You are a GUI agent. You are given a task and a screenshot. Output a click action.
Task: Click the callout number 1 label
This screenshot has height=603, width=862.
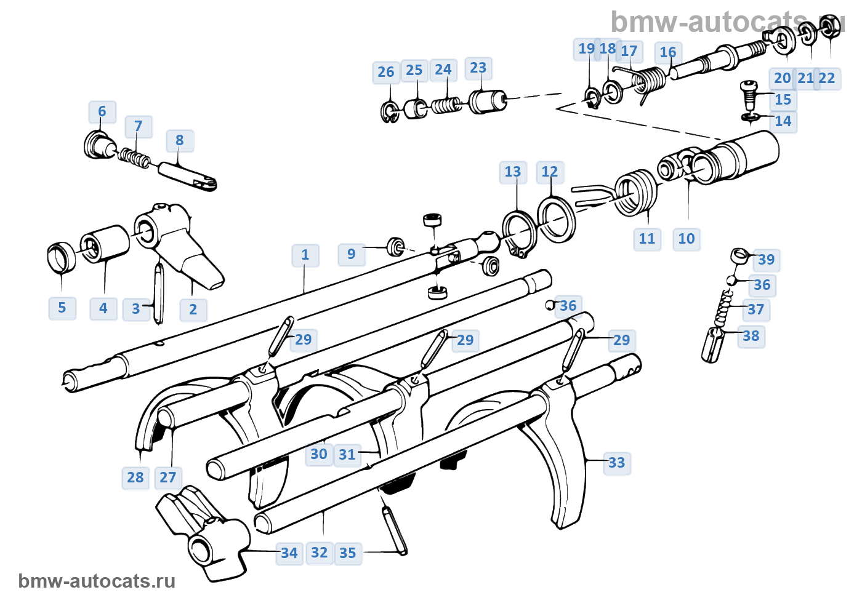pos(305,255)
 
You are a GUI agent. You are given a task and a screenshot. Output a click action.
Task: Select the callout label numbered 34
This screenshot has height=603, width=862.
pos(289,553)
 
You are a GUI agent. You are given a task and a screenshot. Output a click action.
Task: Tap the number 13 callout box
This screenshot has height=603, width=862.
pos(512,172)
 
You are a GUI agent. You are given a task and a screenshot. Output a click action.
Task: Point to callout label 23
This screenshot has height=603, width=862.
pos(478,68)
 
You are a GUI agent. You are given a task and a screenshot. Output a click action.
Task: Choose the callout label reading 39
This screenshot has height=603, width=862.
pos(767,260)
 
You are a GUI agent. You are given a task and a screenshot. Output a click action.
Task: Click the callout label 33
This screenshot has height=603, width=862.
pos(616,463)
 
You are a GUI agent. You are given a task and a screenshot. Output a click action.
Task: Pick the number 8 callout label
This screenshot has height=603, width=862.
pos(180,140)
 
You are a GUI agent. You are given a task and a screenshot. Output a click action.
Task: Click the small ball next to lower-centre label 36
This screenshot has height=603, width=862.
pos(550,305)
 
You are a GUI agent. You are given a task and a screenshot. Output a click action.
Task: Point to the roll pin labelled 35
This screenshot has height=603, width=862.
pos(394,530)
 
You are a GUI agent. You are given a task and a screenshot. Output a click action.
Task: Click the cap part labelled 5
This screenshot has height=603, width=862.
pos(61,257)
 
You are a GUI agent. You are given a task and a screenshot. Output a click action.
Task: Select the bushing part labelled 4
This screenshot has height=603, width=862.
pos(104,244)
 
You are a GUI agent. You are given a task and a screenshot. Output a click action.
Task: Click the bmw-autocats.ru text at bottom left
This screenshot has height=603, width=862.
pos(97,581)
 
